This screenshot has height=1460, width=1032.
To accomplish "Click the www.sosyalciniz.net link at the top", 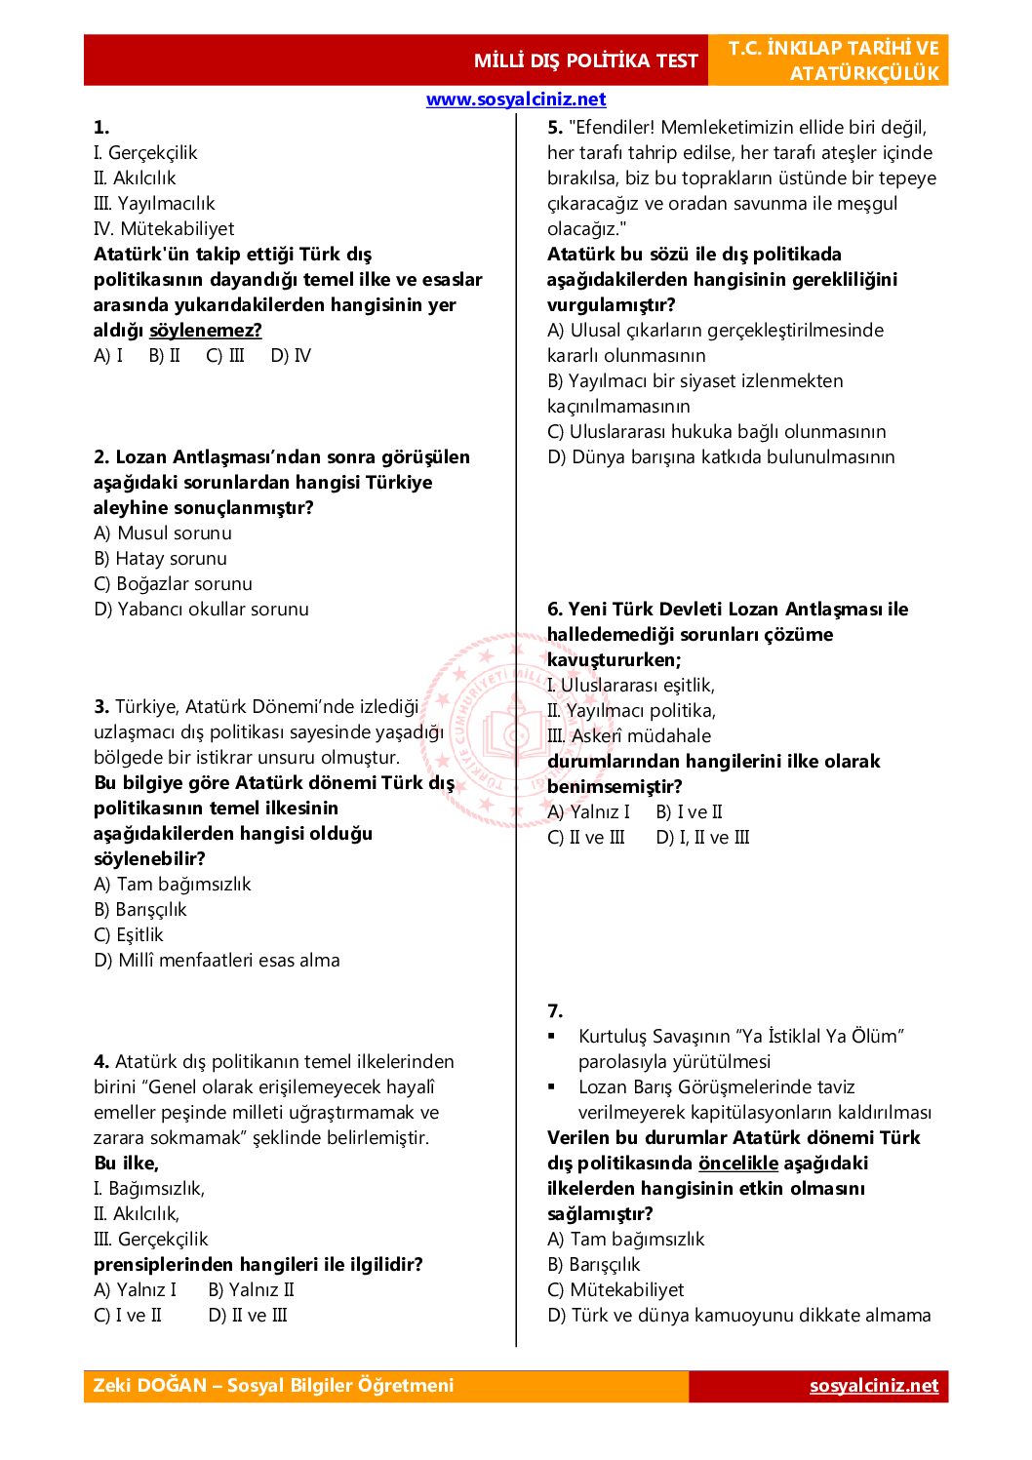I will tap(516, 99).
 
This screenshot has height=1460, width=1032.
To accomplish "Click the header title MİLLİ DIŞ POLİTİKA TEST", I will tap(585, 60).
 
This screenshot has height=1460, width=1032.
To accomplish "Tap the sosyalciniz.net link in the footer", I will tap(873, 1386).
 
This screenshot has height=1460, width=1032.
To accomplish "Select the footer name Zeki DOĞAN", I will tap(150, 1386).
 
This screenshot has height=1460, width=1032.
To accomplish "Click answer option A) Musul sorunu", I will tap(163, 533).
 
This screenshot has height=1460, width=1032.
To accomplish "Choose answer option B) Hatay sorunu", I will tap(160, 559).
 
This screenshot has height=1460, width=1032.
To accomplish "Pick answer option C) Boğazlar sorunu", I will tap(173, 584).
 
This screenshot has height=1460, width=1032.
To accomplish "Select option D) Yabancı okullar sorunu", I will tap(201, 610).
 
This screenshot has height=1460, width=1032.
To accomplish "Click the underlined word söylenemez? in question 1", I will tap(206, 331).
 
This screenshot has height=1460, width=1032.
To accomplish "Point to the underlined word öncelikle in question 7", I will tap(738, 1164).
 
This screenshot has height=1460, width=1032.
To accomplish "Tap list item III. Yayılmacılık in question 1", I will tap(154, 204).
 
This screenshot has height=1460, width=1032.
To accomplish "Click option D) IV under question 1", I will tap(291, 356).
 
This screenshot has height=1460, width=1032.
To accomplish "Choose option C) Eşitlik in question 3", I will tap(129, 935).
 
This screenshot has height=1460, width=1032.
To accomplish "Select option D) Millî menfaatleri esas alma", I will tap(217, 961).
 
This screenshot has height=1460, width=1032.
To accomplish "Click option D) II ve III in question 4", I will tap(248, 1316).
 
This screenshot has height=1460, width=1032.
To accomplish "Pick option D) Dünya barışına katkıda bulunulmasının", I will tap(721, 457).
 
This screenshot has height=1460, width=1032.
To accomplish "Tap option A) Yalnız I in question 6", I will tap(588, 812).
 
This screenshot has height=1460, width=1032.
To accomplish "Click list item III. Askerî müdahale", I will tap(629, 736).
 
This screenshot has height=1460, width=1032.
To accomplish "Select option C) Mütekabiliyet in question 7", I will tap(615, 1290).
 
